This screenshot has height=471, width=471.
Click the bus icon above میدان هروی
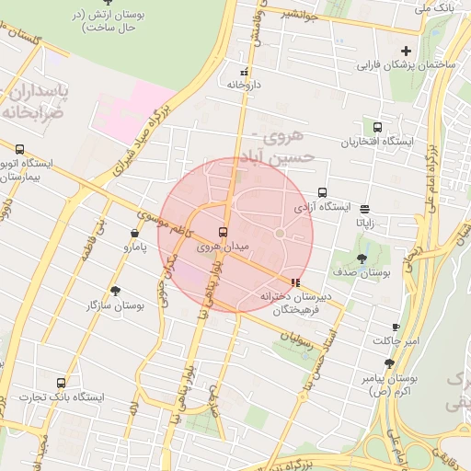click(x=223, y=232)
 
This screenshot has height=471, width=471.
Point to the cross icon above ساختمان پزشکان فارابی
click(x=407, y=51)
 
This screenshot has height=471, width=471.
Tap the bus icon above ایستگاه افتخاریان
click(x=377, y=128)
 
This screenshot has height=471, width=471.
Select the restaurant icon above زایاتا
click(x=365, y=209)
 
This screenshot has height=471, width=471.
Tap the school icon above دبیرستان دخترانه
click(x=294, y=282)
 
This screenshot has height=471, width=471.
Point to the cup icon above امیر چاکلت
click(x=396, y=327)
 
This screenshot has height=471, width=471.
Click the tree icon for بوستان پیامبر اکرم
click(x=389, y=363)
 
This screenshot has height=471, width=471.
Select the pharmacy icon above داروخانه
click(x=244, y=72)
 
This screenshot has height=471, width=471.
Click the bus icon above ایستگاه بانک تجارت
click(x=62, y=382)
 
